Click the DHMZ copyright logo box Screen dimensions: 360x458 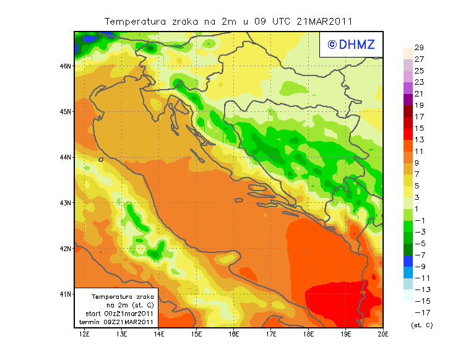tap(348, 45)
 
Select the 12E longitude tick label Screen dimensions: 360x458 tap(85, 335)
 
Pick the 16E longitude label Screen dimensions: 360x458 tap(234, 335)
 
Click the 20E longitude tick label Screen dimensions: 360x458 tap(382, 335)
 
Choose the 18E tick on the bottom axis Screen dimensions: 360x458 tap(308, 335)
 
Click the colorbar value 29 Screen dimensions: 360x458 tap(418, 48)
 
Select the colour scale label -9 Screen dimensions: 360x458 tap(418, 267)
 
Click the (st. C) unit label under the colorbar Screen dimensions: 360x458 tap(421, 325)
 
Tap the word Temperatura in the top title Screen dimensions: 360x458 tap(135, 21)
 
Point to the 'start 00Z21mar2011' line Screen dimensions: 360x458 tap(119, 314)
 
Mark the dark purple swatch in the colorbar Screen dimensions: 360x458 tap(408, 100)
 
